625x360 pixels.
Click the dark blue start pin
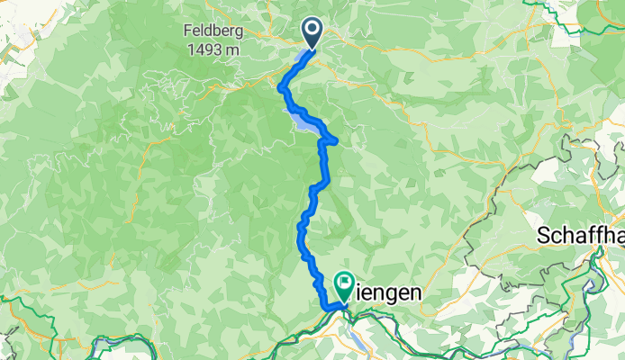click(312, 33)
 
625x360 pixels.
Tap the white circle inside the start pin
click(312, 30)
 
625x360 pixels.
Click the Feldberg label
click(212, 31)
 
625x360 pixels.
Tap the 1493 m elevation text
click(212, 49)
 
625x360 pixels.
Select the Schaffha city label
click(581, 237)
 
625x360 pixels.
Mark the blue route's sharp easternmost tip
click(337, 139)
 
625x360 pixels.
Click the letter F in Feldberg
click(187, 31)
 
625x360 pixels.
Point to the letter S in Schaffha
click(544, 237)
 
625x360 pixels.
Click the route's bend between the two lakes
click(283, 89)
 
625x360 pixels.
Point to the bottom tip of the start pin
click(312, 48)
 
